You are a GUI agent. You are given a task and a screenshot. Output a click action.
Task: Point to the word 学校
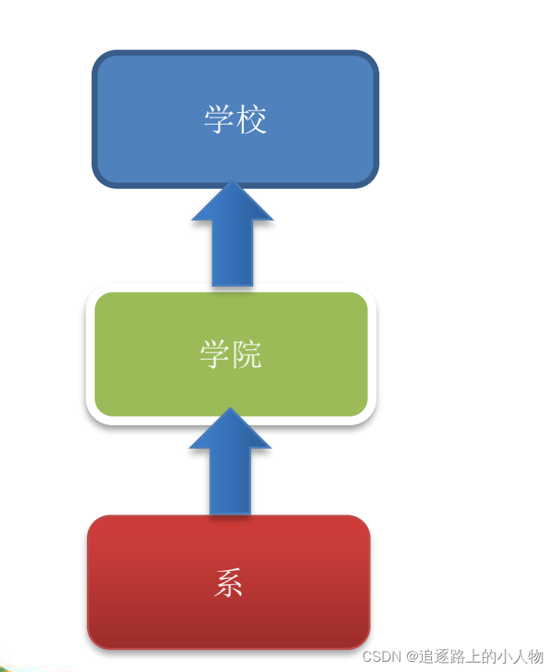(235, 120)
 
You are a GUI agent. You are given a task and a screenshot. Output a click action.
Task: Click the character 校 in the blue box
(252, 120)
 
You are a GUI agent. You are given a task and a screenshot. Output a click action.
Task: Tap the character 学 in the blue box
(219, 120)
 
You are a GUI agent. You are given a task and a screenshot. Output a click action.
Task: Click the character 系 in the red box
(228, 583)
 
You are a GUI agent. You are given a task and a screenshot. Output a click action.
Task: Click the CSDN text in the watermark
(382, 656)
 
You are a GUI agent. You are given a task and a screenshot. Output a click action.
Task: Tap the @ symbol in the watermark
(412, 656)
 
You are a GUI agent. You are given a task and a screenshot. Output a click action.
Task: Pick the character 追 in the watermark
(427, 656)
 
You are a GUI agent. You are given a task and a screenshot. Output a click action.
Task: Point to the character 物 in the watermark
(535, 656)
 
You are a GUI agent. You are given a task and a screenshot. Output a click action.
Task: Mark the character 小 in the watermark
(504, 656)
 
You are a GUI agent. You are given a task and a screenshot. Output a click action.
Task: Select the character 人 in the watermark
(520, 656)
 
